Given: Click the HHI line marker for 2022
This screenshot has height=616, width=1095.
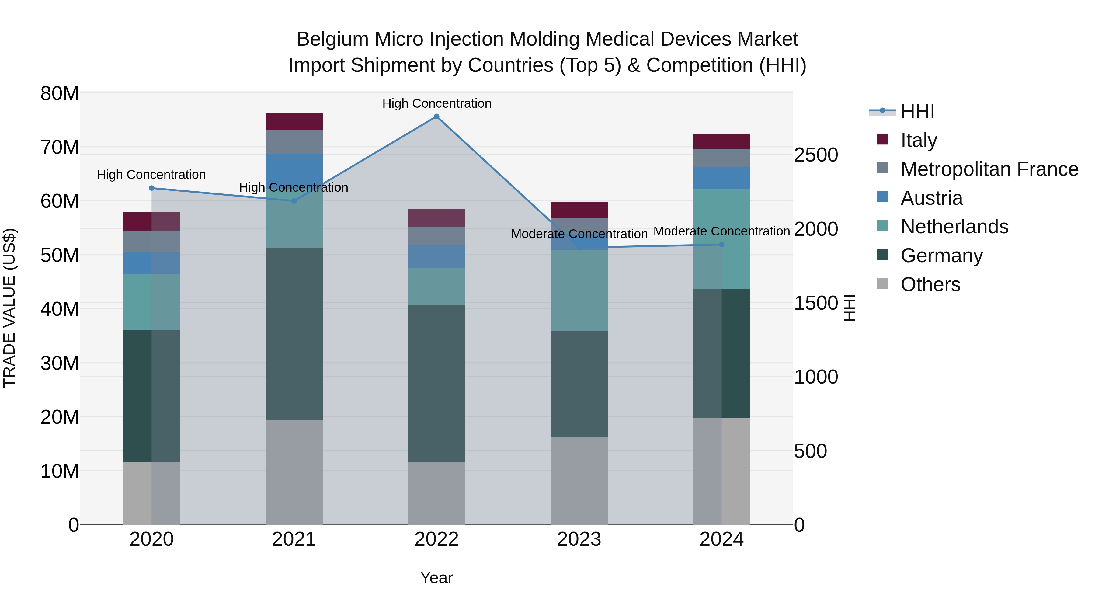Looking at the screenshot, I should pyautogui.click(x=436, y=117).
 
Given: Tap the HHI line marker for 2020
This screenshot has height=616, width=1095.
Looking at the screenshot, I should pyautogui.click(x=151, y=188).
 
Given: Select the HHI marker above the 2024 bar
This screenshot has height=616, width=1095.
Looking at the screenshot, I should pyautogui.click(x=721, y=245).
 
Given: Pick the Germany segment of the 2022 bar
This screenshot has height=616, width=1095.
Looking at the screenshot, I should pyautogui.click(x=436, y=383).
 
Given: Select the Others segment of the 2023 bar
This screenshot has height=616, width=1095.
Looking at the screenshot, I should pyautogui.click(x=579, y=480).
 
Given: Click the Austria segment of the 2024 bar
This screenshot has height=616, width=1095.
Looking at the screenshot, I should pyautogui.click(x=721, y=178).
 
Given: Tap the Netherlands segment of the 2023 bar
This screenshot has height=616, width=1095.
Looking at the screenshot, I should pyautogui.click(x=579, y=290).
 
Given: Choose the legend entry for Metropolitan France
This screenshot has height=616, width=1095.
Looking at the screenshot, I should pyautogui.click(x=989, y=169).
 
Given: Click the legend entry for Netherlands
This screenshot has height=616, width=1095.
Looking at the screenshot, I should pyautogui.click(x=954, y=227).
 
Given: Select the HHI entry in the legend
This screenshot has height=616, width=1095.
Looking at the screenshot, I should pyautogui.click(x=917, y=111).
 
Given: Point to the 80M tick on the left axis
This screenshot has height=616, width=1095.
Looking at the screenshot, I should pyautogui.click(x=60, y=93).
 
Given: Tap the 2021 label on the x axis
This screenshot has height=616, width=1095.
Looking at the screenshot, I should pyautogui.click(x=294, y=539).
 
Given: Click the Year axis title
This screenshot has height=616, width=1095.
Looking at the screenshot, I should pyautogui.click(x=436, y=578).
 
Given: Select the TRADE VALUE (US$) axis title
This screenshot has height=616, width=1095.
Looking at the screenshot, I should pyautogui.click(x=9, y=308).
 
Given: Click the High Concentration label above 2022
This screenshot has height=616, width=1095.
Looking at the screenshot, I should pyautogui.click(x=436, y=103).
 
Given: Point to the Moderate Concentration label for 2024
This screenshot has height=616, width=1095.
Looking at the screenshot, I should pyautogui.click(x=721, y=231).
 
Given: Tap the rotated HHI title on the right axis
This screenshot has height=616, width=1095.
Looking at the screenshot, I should pyautogui.click(x=849, y=308).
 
